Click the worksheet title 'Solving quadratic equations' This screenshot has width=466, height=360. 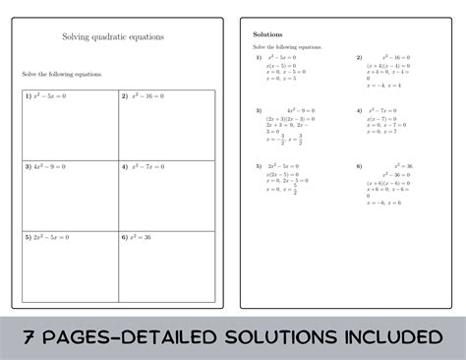click(113, 37)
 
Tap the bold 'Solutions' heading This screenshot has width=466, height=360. click(267, 33)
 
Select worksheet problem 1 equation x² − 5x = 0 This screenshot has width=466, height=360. click(47, 96)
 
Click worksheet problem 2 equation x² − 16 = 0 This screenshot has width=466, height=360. click(145, 96)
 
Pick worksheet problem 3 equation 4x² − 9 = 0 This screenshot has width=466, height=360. click(48, 166)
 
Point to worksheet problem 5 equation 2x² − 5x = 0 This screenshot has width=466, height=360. click(49, 237)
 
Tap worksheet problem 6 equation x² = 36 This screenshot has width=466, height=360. click(141, 237)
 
